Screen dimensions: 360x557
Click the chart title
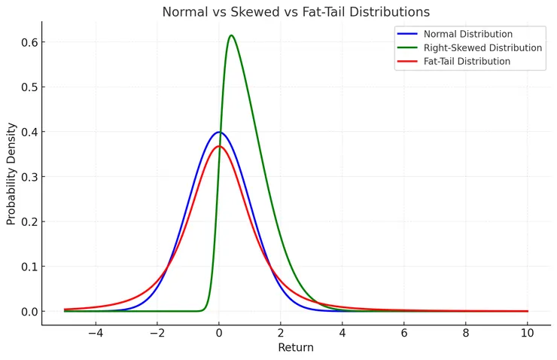296,12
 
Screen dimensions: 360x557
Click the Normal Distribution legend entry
467,34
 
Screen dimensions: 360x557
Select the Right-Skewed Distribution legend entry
482,47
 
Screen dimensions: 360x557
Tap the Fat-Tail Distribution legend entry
467,61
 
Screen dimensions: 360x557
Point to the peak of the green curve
231,35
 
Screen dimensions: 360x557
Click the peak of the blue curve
219,132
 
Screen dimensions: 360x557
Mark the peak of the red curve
219,146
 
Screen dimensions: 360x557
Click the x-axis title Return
296,347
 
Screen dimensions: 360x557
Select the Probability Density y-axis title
11,173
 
